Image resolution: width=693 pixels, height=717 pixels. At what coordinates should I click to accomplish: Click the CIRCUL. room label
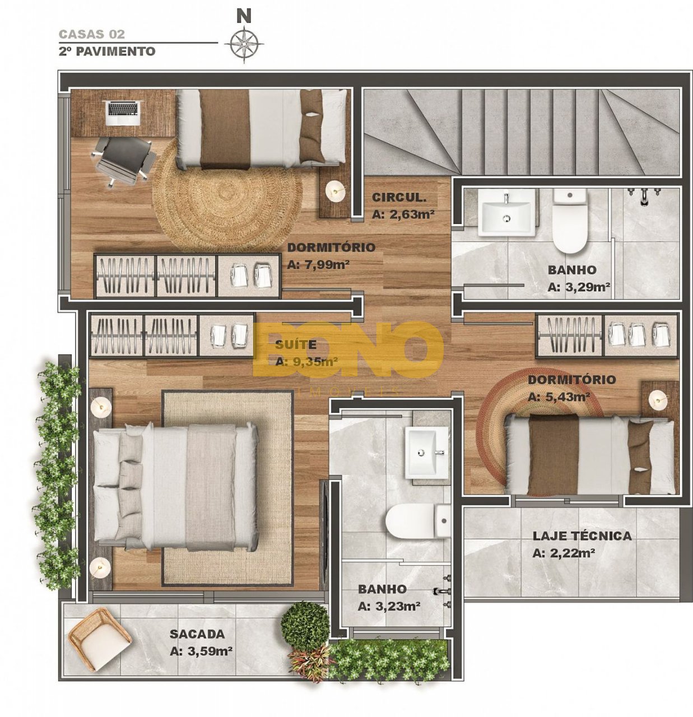click(399, 198)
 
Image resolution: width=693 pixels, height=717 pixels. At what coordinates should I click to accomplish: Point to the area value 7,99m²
click(318, 264)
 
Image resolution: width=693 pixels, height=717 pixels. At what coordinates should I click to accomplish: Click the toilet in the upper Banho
click(570, 221)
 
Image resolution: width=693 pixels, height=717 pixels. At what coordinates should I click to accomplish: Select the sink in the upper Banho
click(506, 213)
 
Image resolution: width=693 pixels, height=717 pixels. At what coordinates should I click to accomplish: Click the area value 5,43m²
click(559, 397)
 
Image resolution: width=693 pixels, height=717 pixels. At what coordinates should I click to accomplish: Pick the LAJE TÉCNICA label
click(582, 536)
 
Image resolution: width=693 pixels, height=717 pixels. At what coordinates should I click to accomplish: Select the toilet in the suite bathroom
click(418, 521)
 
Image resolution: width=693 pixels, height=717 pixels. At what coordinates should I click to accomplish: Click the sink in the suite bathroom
click(427, 452)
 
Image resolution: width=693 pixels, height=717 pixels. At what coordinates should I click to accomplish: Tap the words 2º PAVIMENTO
click(107, 51)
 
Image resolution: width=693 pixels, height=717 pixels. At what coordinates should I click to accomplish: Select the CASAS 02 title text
click(92, 34)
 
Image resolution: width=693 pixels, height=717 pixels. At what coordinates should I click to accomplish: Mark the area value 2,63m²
click(401, 214)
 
